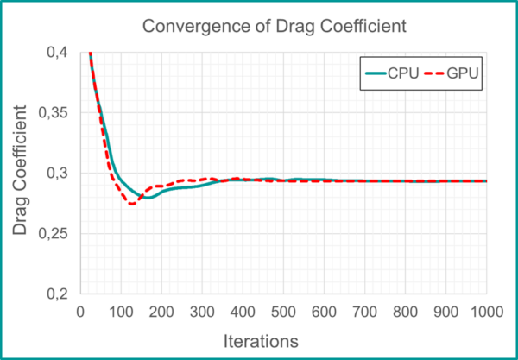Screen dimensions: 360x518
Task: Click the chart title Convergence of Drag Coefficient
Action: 273,27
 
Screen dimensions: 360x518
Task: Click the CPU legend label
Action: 404,73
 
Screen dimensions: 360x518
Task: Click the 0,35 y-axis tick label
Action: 56,113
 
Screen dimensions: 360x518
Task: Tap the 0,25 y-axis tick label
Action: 56,234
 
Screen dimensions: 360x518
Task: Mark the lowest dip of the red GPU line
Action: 131,204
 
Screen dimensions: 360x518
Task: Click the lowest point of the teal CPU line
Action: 148,198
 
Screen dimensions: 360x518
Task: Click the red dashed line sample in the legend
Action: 434,73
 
